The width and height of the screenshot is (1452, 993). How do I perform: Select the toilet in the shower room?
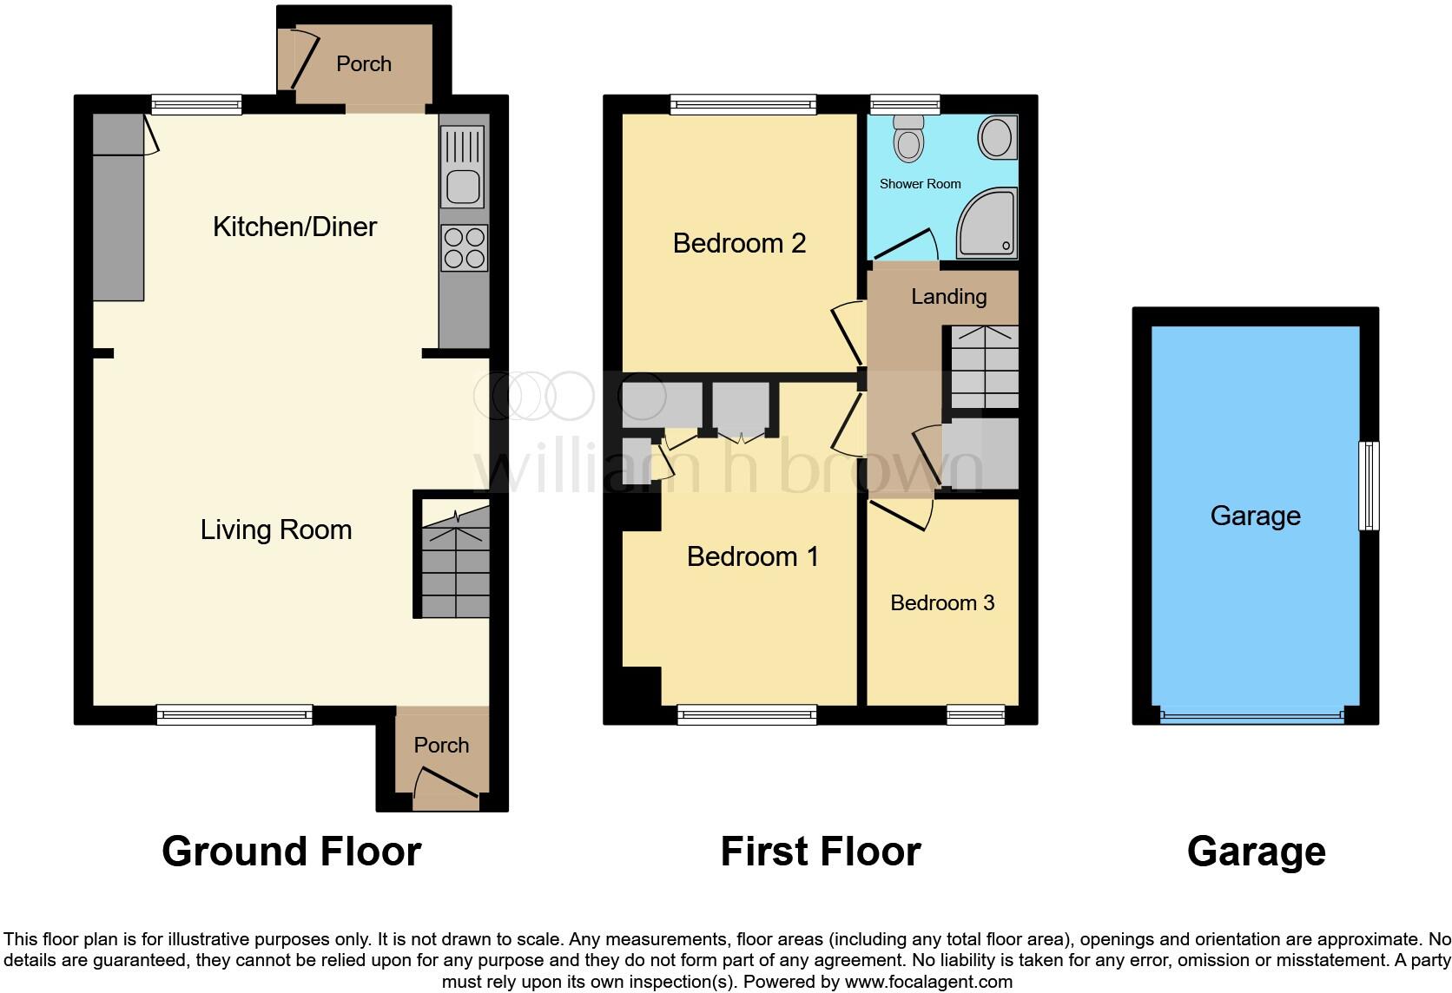[x=908, y=138]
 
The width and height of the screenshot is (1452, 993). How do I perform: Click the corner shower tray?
[x=987, y=224]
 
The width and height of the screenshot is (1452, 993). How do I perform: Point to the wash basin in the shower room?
[x=995, y=137]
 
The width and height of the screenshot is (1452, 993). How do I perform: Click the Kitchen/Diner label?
[x=294, y=227]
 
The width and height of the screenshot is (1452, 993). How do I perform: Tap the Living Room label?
[x=276, y=529]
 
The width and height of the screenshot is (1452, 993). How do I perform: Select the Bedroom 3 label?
[x=942, y=602]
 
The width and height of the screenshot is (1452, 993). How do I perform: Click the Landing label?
[x=948, y=297]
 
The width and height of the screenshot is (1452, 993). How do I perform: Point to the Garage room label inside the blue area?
[x=1255, y=516]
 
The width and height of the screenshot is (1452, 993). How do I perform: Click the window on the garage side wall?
[x=1369, y=485]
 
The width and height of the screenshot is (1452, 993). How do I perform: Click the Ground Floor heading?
[x=291, y=851]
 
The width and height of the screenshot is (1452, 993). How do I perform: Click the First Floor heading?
[x=820, y=851]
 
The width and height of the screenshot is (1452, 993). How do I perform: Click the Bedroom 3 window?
[x=975, y=715]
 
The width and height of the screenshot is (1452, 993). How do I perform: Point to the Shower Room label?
[x=920, y=184]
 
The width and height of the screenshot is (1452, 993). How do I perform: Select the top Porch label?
[x=363, y=64]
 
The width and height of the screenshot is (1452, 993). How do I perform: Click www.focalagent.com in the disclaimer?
[x=928, y=982]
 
